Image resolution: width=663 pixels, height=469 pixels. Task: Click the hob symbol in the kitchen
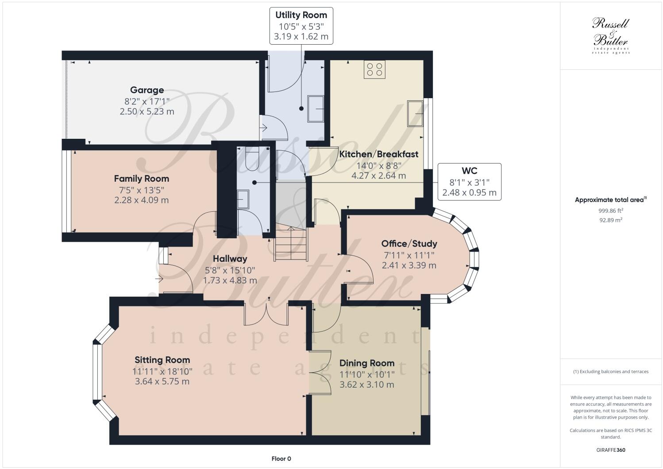coord(374,69)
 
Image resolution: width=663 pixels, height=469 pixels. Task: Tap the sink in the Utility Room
coord(316,109)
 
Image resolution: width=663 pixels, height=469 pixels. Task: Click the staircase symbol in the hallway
coord(291,244)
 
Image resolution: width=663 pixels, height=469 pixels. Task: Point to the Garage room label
coord(147,90)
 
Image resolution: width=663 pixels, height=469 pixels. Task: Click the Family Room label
coord(141,179)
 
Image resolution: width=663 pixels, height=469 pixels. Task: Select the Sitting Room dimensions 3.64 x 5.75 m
coord(162,381)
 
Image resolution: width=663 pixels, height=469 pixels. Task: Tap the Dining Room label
coord(366,363)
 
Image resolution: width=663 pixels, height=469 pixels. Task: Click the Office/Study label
coord(409,244)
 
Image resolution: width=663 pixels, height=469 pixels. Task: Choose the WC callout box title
coord(469,171)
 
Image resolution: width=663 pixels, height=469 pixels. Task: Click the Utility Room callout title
coord(301,15)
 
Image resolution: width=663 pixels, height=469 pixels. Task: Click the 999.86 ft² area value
coord(611,211)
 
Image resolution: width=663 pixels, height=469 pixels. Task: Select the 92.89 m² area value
coord(611,220)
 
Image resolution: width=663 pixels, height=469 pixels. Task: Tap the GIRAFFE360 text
coord(611,450)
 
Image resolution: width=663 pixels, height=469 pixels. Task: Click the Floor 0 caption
coord(281,458)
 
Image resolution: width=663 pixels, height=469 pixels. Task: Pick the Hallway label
coord(230,259)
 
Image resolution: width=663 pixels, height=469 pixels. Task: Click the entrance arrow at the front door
coord(159,279)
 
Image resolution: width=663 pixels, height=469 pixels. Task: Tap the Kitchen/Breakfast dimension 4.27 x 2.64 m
coord(378,175)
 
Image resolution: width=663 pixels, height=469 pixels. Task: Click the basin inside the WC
coord(243,199)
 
